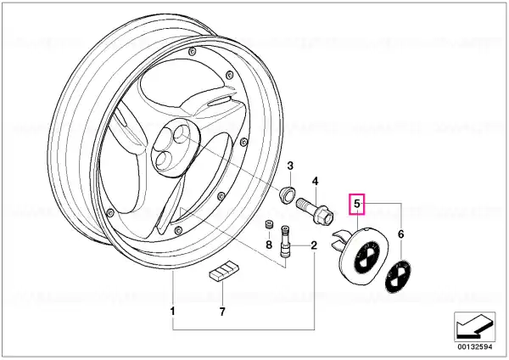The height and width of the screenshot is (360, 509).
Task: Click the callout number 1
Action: [173, 312]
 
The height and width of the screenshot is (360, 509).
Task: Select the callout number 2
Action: [314, 245]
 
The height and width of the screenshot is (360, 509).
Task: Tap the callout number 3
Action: [290, 166]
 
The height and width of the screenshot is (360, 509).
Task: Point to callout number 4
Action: [316, 181]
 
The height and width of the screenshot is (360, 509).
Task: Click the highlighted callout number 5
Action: [357, 204]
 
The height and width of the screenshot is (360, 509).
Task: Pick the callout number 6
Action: [401, 234]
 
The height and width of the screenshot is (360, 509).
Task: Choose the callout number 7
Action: [222, 312]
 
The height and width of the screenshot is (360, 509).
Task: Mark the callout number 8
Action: [269, 245]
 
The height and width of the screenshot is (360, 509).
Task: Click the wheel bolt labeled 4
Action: [314, 210]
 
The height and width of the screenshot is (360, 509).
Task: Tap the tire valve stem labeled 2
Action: [285, 242]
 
